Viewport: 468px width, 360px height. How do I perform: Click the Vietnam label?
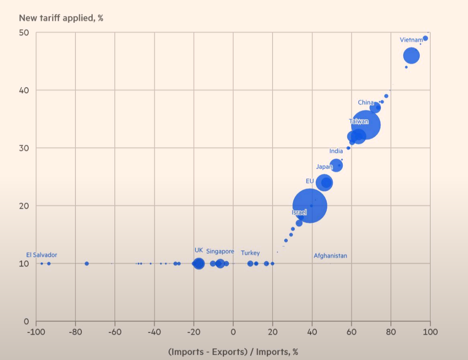pos(411,40)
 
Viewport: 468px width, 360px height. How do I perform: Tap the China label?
pos(365,103)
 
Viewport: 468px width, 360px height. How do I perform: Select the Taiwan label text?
pos(359,122)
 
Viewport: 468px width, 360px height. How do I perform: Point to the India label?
pos(336,151)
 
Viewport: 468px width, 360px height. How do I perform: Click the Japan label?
pos(324,167)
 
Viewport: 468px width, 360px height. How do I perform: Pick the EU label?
pos(309,181)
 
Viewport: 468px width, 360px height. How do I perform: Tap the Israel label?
pos(299,212)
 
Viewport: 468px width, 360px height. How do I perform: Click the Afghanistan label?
pos(330,256)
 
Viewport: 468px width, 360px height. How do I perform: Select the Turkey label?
pos(250,253)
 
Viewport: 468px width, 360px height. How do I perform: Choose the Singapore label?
pos(220,251)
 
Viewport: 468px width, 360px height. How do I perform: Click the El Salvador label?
pos(42,255)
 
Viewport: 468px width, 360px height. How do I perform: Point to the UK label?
pos(198,250)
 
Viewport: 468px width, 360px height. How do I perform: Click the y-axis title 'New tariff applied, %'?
pos(61,18)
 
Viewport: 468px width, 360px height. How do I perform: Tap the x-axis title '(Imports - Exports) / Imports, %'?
pos(233,351)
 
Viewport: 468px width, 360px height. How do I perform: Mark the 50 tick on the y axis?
pos(24,32)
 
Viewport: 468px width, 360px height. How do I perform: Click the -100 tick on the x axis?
pos(36,332)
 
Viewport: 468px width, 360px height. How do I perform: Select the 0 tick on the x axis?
pos(233,332)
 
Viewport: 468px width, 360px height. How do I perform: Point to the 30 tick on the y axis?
pos(24,148)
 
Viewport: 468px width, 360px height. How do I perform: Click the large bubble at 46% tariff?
pos(411,55)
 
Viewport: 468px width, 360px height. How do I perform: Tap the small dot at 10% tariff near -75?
pos(87,263)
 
